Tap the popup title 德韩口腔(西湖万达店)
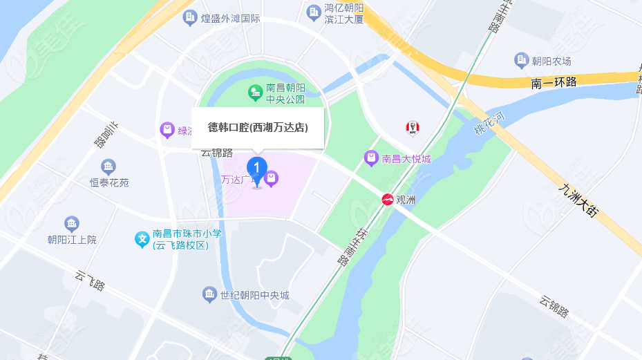(x=258, y=127)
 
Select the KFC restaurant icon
(x=413, y=128)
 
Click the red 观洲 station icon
(x=388, y=200)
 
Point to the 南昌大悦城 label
(x=406, y=159)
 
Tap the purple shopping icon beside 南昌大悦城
(x=372, y=159)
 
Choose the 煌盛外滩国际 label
(x=229, y=19)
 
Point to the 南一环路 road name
(x=554, y=82)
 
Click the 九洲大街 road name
(x=579, y=200)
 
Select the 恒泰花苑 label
(x=109, y=183)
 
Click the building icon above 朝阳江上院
(x=72, y=223)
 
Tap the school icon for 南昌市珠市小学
(x=142, y=240)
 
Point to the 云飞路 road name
(x=91, y=281)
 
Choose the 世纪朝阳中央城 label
(x=254, y=296)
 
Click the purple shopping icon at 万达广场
(x=272, y=179)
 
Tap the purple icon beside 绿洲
(x=167, y=129)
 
